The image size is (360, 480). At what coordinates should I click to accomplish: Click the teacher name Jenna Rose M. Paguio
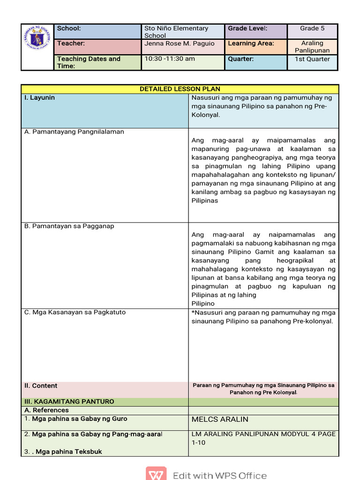179,44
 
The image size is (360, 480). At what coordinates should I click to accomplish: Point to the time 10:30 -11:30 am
170,59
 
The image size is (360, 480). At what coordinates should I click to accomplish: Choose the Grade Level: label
247,29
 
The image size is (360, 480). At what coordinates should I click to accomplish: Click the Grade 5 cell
312,29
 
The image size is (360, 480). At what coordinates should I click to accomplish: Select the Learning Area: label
251,44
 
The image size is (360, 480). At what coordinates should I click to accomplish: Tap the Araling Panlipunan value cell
312,47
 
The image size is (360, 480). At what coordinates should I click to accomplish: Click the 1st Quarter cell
312,59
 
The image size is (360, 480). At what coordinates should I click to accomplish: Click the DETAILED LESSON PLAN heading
180,89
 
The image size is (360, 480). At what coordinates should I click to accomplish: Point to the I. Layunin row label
40,97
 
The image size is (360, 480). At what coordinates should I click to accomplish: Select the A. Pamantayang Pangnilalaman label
74,132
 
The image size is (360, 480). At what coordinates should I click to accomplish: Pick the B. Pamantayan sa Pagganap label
69,226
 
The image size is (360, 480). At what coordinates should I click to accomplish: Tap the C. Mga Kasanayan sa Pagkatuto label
75,312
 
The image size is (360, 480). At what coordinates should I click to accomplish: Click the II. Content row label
41,386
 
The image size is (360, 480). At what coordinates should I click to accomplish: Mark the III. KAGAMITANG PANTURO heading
69,402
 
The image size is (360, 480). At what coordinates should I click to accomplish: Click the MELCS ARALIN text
220,419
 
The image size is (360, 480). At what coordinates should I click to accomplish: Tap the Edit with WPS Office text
219,475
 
